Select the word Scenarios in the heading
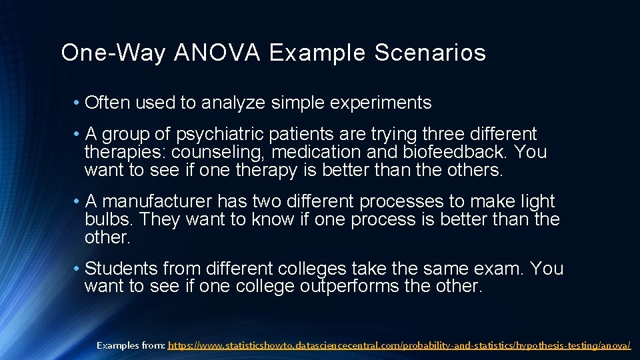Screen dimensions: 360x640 click(430, 53)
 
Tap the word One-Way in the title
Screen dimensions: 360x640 click(113, 53)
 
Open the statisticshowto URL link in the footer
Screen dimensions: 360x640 click(399, 345)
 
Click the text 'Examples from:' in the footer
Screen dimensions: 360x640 click(131, 345)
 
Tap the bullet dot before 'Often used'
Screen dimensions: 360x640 click(78, 103)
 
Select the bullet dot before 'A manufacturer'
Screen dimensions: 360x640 click(78, 202)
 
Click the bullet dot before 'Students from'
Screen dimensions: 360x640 click(78, 269)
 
